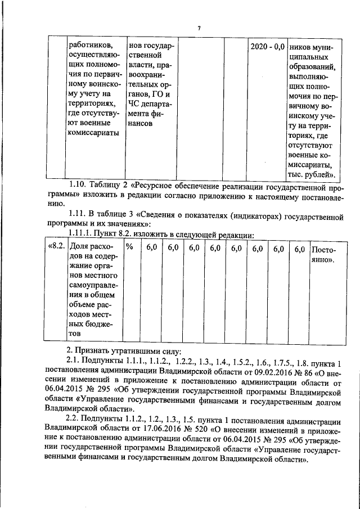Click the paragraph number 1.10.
point(79,184)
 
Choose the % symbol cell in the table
point(129,248)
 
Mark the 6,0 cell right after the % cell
point(151,248)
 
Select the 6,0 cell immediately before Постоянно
point(299,248)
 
